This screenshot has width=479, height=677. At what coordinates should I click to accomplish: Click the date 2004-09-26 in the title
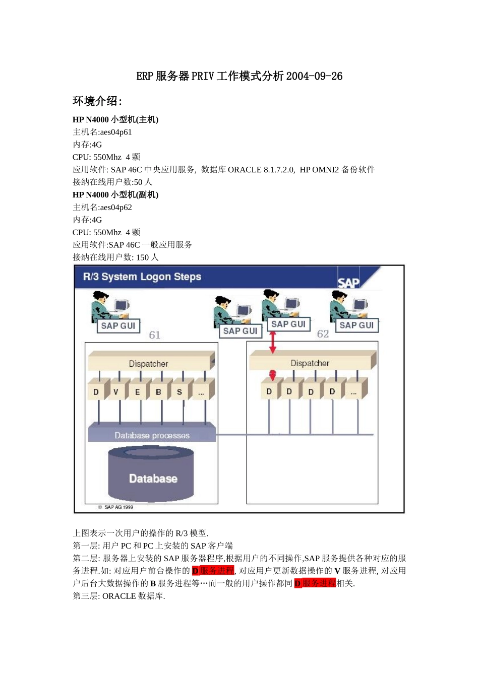point(314,76)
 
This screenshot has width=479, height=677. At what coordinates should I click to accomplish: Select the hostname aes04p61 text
point(116,132)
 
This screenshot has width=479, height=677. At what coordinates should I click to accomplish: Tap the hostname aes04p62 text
point(116,207)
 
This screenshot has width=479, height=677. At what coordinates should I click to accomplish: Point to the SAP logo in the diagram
point(348,283)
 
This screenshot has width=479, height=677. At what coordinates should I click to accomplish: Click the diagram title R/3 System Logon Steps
point(142,277)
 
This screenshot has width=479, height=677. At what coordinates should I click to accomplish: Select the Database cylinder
point(151,475)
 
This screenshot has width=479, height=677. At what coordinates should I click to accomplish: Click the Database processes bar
point(152,435)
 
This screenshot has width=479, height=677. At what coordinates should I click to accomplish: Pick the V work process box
point(116,392)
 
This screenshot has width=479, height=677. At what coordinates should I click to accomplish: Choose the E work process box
point(137,392)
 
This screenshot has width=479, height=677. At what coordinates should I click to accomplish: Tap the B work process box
point(158,392)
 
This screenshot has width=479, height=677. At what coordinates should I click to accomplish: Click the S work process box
point(179,392)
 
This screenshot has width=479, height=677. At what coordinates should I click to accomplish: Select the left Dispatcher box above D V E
point(149,363)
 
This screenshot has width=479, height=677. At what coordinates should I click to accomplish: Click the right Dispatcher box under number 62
point(310,363)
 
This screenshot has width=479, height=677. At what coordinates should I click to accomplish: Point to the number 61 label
point(155,335)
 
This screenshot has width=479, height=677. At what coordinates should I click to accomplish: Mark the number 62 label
point(323,334)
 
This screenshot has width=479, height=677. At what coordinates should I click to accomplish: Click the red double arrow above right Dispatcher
point(273,342)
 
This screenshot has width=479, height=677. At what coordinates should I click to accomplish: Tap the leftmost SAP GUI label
point(118,326)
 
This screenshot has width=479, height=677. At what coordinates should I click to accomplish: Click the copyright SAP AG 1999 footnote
point(115,507)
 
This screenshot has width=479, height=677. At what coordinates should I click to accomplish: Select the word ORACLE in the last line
point(119,596)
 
